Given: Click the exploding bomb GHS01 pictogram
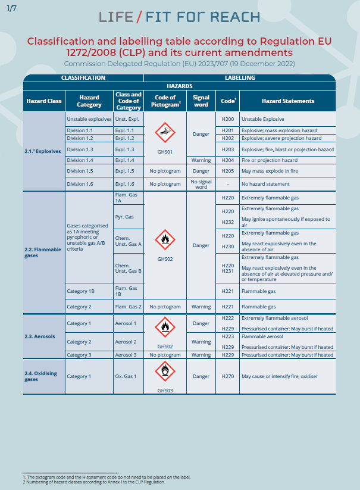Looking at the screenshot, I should point(165,132).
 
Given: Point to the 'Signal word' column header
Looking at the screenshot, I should point(201,101).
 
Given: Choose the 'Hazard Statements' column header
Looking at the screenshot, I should point(288,101).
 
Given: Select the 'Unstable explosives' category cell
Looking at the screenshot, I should point(89,119).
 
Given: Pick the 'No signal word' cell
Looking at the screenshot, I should point(201,183).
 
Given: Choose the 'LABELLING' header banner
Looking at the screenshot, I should point(240,78).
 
